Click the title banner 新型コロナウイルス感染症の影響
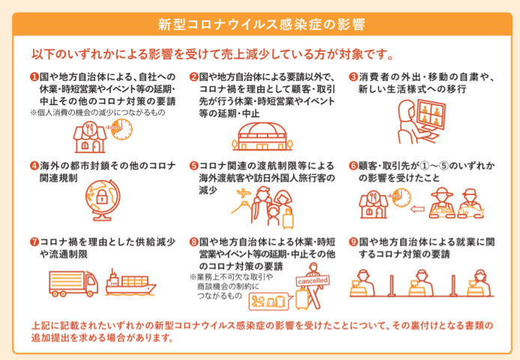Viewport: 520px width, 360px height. (x=260, y=23)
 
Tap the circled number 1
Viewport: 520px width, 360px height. (x=34, y=76)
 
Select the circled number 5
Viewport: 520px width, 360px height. (x=193, y=166)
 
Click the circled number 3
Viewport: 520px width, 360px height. (x=354, y=76)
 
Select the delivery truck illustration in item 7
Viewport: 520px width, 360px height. (x=73, y=283)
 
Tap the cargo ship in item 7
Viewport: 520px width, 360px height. (x=129, y=283)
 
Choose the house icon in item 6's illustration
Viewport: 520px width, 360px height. (x=374, y=205)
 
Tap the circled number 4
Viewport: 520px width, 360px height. (x=34, y=166)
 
